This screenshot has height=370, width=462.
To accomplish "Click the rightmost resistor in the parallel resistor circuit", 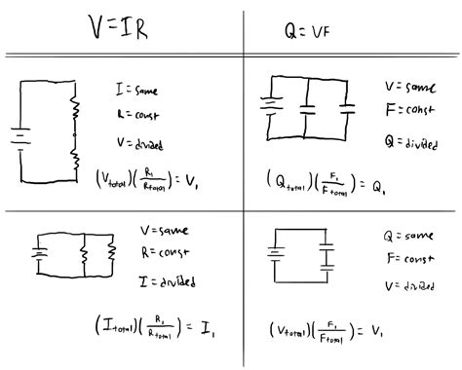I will click(x=112, y=254).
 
